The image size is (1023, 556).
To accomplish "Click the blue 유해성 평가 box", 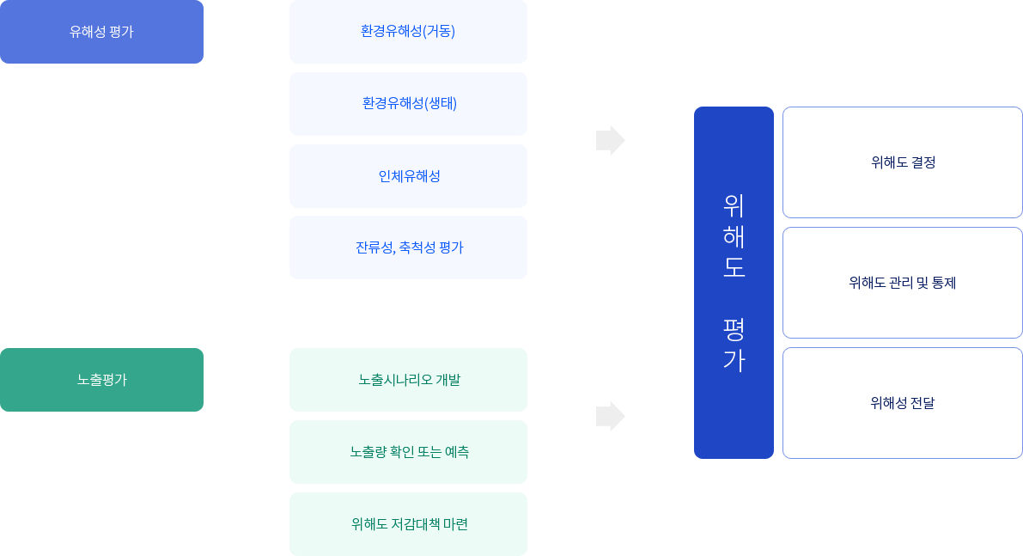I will (101, 32).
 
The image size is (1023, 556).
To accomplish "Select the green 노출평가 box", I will (101, 380).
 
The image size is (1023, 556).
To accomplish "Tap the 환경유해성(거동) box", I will (407, 32).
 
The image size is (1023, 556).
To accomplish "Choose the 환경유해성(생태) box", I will (407, 103).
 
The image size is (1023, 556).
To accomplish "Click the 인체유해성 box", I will (407, 176).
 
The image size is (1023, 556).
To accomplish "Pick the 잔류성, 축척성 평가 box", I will (407, 247).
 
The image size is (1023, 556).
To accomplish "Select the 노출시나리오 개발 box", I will (407, 380).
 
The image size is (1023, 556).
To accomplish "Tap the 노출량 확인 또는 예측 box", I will (407, 451).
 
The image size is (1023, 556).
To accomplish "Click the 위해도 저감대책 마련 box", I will (407, 523).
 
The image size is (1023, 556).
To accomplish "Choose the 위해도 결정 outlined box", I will (902, 162).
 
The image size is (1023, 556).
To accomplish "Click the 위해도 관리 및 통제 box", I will (902, 283).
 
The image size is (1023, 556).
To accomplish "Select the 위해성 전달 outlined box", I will (902, 403).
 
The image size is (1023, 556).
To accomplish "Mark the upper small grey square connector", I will (610, 140).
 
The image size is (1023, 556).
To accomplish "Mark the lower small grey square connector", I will (610, 416).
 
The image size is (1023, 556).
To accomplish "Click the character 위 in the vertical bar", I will (734, 205).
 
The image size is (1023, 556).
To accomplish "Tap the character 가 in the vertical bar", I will (734, 359).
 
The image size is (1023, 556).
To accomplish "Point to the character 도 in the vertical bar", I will (734, 266).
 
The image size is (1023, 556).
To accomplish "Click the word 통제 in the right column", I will (944, 283).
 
